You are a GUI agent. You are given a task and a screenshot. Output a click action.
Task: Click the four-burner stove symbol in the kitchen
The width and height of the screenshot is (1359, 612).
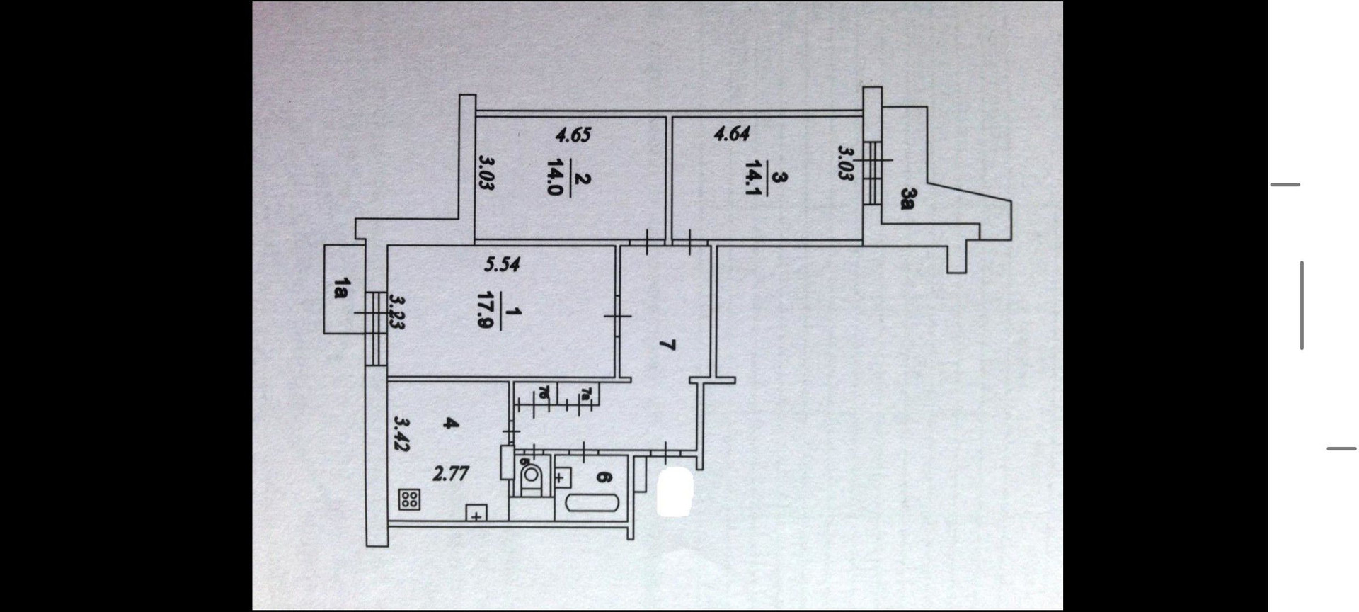[409, 499]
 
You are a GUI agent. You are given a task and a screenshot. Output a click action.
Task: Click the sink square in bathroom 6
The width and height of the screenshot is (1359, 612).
[563, 478]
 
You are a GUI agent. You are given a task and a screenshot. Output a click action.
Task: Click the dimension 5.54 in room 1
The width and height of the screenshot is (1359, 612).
[502, 265]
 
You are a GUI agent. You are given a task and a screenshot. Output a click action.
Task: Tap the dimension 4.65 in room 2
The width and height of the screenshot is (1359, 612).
[573, 135]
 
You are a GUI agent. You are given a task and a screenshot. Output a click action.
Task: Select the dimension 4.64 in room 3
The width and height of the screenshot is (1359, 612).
[732, 133]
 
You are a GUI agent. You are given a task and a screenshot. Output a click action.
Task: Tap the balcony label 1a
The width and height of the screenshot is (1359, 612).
[341, 289]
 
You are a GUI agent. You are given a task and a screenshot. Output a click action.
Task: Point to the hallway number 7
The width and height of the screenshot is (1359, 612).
[666, 345]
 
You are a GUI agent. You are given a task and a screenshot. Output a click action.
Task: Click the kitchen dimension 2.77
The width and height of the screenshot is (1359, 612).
[450, 473]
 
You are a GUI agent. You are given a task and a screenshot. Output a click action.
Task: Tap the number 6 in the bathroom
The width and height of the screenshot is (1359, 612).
[602, 478]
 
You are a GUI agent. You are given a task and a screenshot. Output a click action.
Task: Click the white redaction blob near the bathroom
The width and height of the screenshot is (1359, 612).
[674, 492]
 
